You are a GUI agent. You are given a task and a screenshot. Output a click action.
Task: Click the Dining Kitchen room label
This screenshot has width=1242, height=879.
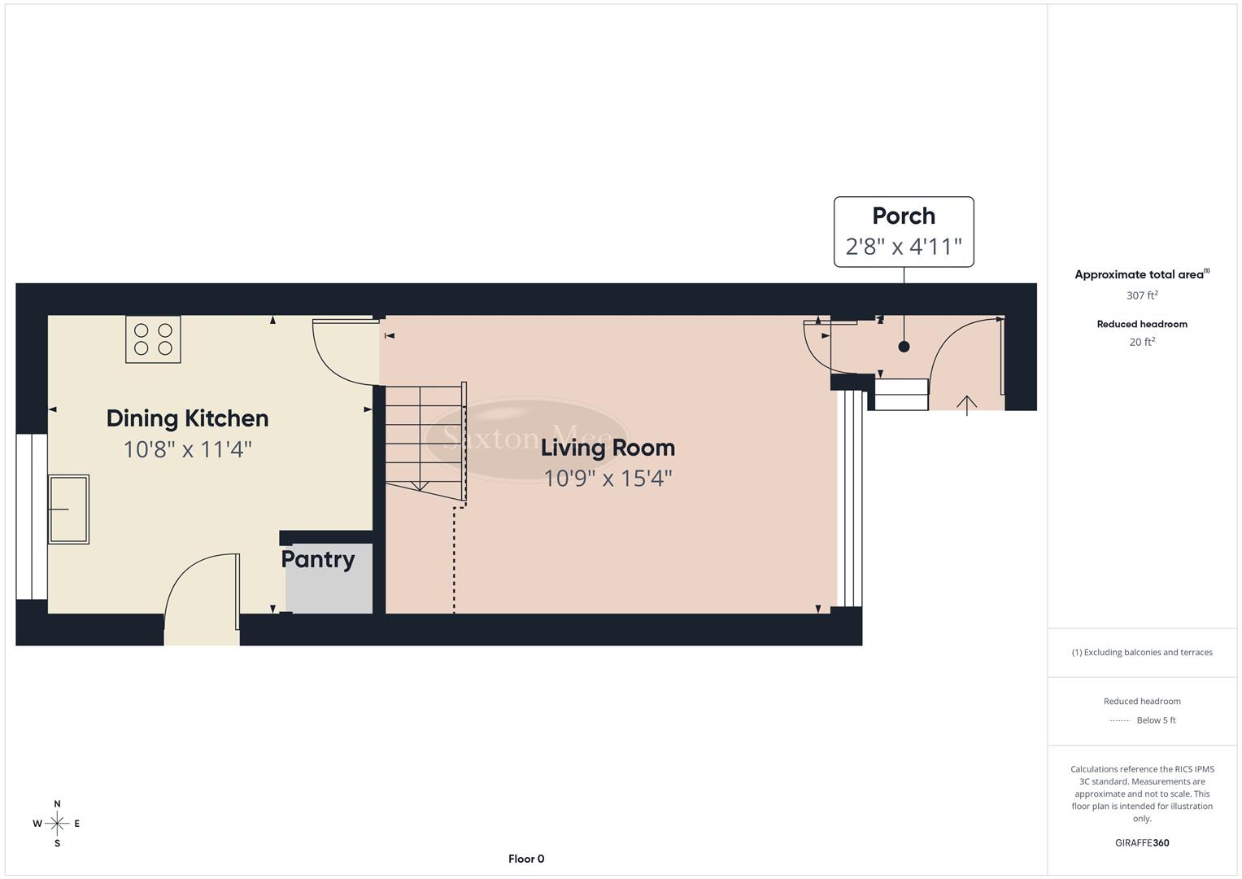[x=187, y=418]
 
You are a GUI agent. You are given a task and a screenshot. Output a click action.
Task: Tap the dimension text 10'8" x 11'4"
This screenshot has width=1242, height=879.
[x=187, y=449]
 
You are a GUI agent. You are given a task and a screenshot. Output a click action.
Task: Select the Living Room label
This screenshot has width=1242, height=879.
[x=608, y=448]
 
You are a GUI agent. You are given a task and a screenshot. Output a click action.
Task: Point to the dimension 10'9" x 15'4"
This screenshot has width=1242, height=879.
[x=608, y=478]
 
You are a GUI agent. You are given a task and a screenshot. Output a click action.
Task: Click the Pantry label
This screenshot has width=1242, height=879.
[x=317, y=559]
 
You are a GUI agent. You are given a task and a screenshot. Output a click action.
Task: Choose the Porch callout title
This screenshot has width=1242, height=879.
[x=903, y=216]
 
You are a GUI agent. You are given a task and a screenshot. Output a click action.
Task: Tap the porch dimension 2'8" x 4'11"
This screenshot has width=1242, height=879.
[x=903, y=247]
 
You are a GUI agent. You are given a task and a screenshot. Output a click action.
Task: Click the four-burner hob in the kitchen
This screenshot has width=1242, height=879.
[x=153, y=339]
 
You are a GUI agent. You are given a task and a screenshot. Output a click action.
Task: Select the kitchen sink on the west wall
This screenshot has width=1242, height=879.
[x=68, y=509]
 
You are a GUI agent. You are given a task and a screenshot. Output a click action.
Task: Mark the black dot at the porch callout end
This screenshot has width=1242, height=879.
[x=904, y=347]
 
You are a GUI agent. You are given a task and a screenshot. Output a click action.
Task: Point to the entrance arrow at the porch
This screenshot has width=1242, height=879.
[x=966, y=404]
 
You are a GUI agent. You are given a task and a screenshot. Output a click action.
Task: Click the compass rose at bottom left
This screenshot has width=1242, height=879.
[x=57, y=824]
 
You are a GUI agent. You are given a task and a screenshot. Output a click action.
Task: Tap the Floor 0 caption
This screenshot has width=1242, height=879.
[x=526, y=859]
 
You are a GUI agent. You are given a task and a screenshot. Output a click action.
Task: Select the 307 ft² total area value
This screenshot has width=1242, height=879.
[x=1141, y=295]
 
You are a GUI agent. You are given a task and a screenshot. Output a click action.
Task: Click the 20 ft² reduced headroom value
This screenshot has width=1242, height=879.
[x=1141, y=342]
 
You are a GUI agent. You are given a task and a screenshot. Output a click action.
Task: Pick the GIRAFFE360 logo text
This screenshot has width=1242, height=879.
[x=1141, y=842]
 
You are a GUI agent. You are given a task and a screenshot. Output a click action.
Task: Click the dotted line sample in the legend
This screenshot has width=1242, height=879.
[x=1119, y=720]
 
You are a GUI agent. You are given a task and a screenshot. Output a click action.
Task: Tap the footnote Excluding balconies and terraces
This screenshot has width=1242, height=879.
[x=1141, y=652]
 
